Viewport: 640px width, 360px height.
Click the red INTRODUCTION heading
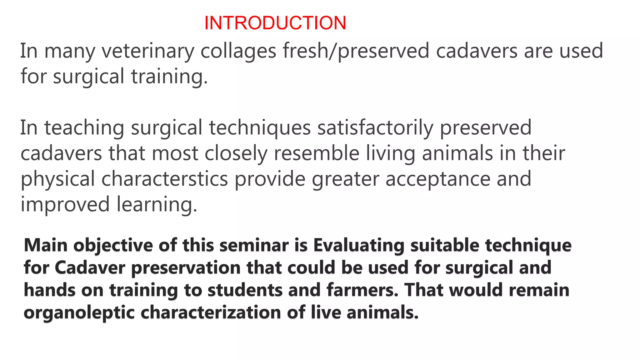point(275,23)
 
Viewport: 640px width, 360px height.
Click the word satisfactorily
point(375,128)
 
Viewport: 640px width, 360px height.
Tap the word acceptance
point(438,179)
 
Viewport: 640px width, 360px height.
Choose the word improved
point(65,205)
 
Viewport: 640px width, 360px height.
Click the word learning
point(157,205)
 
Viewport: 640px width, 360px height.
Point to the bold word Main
point(46,245)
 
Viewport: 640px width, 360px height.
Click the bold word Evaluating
point(359,246)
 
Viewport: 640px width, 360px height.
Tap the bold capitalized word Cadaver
point(90,268)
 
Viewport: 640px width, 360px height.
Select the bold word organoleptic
point(79,313)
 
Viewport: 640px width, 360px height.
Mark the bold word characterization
point(211,312)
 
